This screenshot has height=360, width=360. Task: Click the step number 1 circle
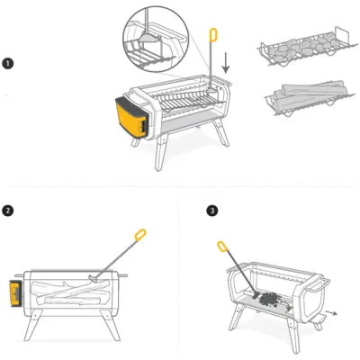[x=7, y=64]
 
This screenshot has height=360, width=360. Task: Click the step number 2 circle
[x=8, y=211]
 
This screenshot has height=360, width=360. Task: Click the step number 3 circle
[x=211, y=211]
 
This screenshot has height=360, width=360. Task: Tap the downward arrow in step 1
[x=226, y=63]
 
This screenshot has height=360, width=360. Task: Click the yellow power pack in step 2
[x=14, y=292]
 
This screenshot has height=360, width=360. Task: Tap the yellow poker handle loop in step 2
[x=139, y=237]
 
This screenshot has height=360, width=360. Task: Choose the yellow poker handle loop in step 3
[x=221, y=246]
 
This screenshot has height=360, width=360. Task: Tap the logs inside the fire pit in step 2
[x=72, y=292]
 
